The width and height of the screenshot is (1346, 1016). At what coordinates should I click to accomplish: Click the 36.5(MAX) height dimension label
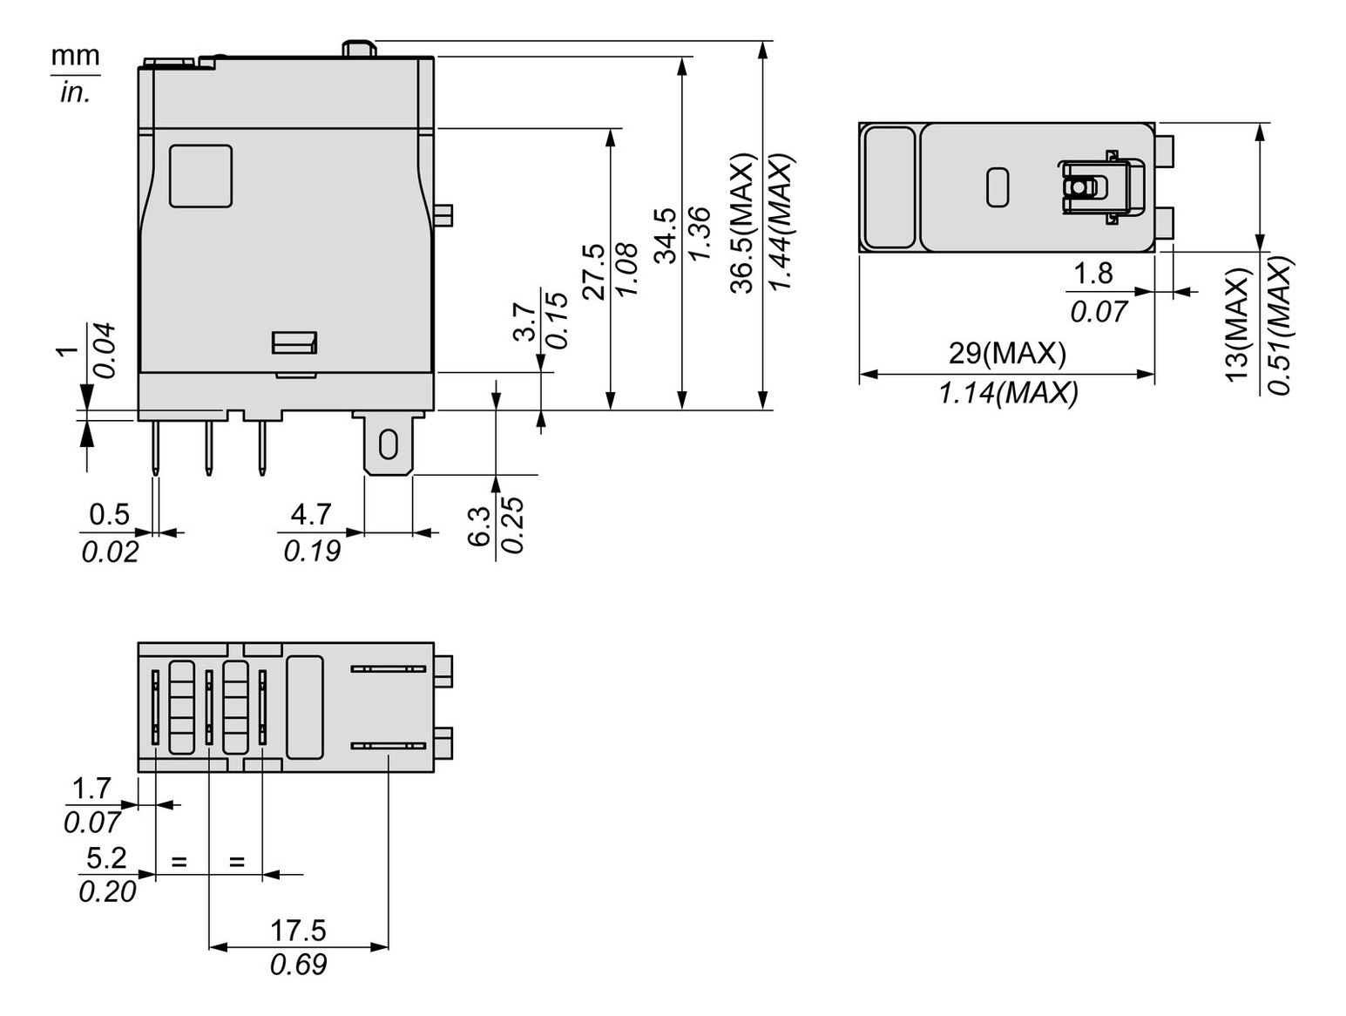point(742,224)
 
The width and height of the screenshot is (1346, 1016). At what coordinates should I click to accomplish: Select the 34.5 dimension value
point(666,235)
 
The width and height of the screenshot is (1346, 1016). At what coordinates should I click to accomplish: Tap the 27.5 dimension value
point(593,272)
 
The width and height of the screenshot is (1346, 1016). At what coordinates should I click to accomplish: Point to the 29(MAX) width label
point(1007,353)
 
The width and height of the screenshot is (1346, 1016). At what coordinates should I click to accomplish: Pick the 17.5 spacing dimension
point(298,931)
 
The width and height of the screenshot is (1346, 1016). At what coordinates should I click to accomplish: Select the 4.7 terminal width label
point(311,514)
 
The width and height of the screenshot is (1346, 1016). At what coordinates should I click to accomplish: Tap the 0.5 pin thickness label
point(109,514)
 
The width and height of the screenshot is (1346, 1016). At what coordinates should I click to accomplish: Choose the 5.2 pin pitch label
point(106,858)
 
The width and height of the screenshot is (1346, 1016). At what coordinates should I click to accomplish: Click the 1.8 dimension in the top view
point(1092,274)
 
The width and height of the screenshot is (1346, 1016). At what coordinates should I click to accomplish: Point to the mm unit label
point(75,56)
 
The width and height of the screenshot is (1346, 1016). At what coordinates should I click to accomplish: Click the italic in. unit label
point(75,92)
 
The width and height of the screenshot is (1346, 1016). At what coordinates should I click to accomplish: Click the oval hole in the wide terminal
point(388,446)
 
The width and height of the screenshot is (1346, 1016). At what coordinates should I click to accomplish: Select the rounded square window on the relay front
point(200,176)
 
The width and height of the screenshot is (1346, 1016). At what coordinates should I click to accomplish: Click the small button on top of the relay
point(358,48)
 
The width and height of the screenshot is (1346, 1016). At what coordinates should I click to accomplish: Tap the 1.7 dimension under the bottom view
point(91,789)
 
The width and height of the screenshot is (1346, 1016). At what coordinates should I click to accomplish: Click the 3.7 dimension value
point(524,322)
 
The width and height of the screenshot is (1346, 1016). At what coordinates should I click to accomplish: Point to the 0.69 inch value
point(298,965)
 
